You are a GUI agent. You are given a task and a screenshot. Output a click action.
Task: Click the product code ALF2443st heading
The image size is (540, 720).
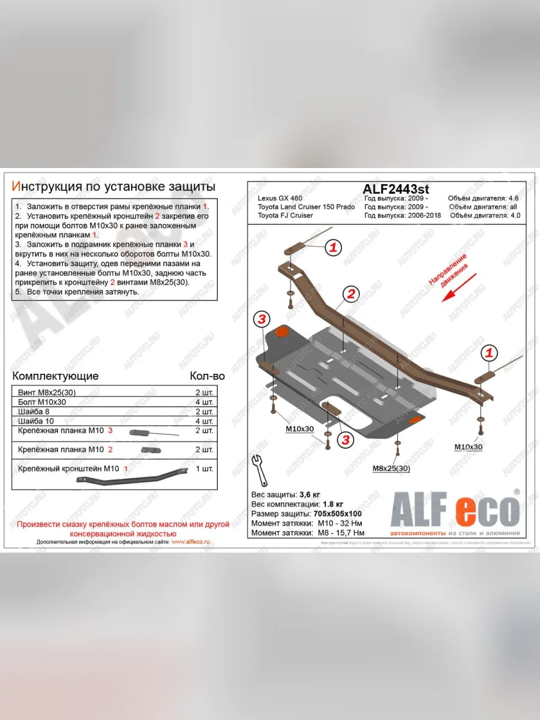pos(396,188)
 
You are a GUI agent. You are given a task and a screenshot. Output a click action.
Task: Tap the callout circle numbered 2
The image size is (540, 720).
pos(351,293)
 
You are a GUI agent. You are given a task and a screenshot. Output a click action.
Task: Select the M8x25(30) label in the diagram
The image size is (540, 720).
pos(391,469)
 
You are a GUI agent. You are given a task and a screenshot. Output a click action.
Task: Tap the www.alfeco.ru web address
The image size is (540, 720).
pos(190,541)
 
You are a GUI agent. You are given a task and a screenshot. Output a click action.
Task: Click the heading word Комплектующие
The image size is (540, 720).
pos(55,376)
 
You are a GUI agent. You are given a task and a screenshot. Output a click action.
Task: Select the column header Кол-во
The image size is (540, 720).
pos(207,376)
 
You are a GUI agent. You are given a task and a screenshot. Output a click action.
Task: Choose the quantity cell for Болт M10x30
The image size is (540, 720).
pos(204,402)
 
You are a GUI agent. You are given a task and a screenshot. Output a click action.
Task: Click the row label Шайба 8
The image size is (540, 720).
pos(35,412)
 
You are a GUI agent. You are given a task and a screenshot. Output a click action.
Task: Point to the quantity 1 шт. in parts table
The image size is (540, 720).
pos(204,468)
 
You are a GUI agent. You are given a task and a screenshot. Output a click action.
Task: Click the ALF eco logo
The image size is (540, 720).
pos(454,511)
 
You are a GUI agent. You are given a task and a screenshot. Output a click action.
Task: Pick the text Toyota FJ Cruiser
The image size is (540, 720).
pos(285,215)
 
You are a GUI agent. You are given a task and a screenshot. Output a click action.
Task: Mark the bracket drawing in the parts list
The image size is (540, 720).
pos(132,478)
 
